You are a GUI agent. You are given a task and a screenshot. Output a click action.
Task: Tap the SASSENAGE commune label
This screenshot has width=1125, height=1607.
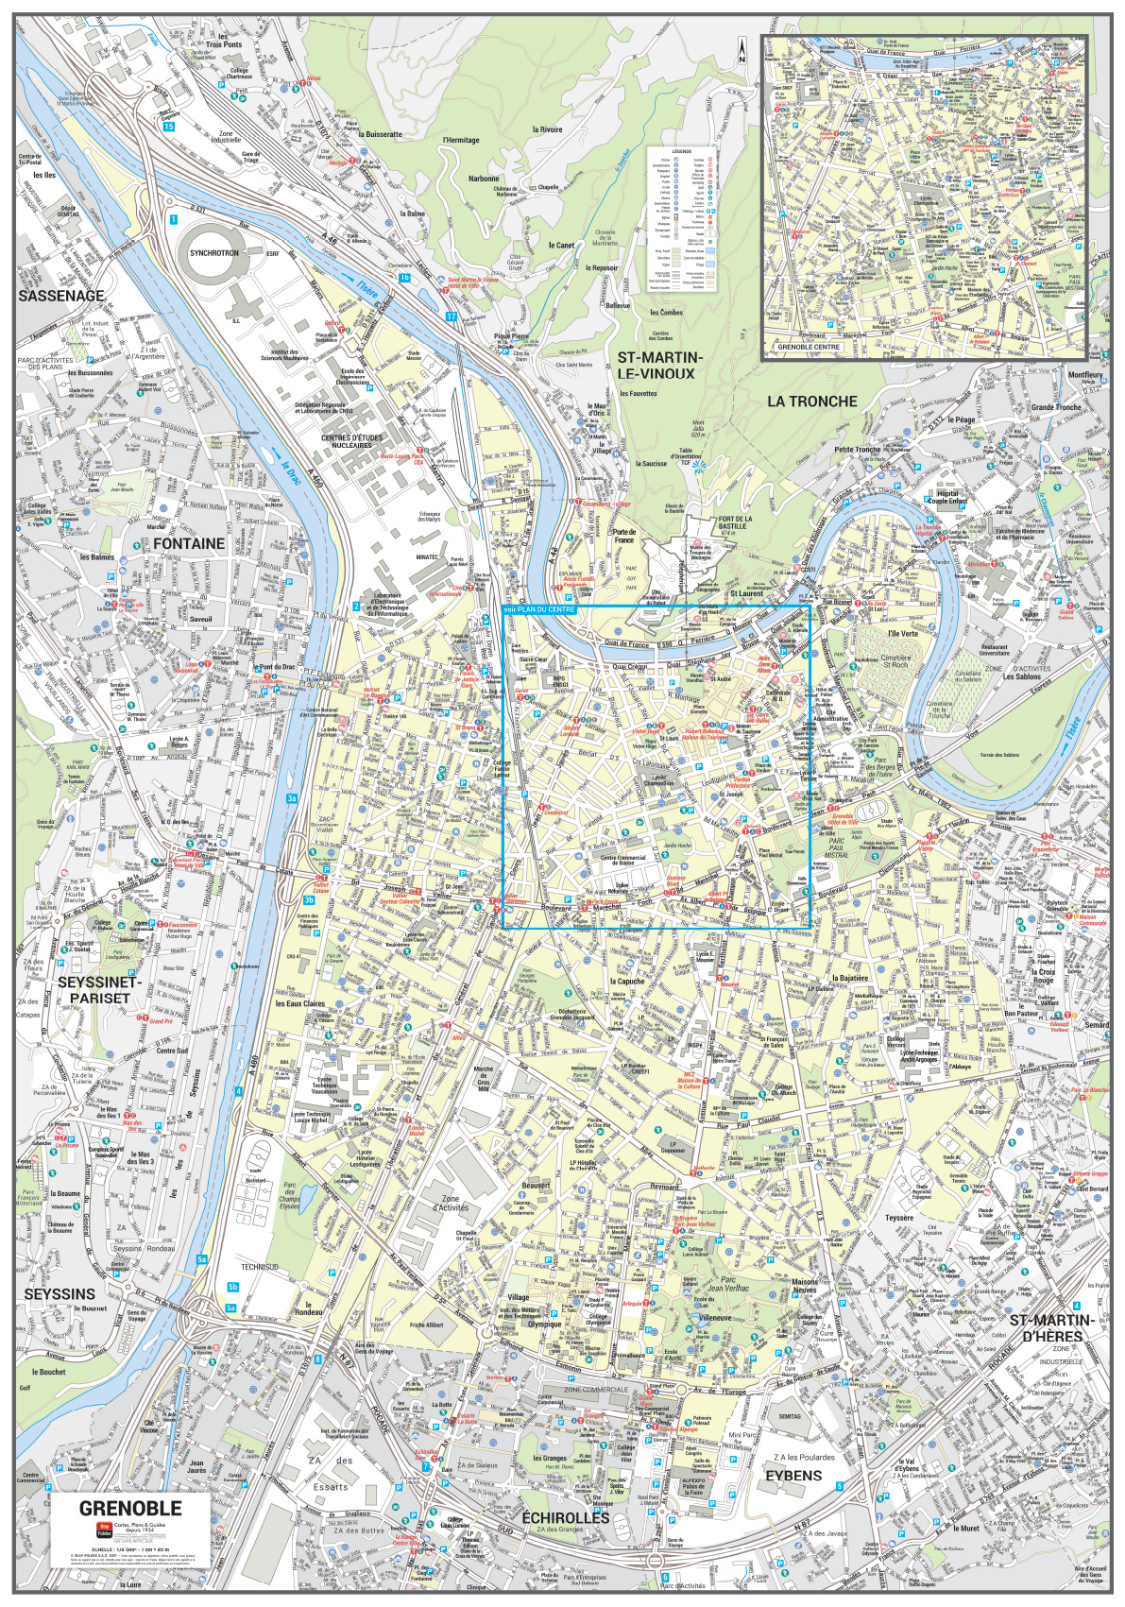tap(60, 296)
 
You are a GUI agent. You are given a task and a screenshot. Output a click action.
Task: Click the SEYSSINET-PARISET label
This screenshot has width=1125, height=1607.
tap(99, 990)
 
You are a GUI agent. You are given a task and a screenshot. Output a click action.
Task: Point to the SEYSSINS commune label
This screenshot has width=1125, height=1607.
tap(60, 1293)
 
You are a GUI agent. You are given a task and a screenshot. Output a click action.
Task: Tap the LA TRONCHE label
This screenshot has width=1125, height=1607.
tap(811, 401)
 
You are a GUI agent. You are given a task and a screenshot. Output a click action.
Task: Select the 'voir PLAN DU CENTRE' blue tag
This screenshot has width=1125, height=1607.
tap(539, 611)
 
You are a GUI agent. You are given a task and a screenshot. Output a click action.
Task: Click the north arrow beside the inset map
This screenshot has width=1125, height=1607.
tap(743, 50)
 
